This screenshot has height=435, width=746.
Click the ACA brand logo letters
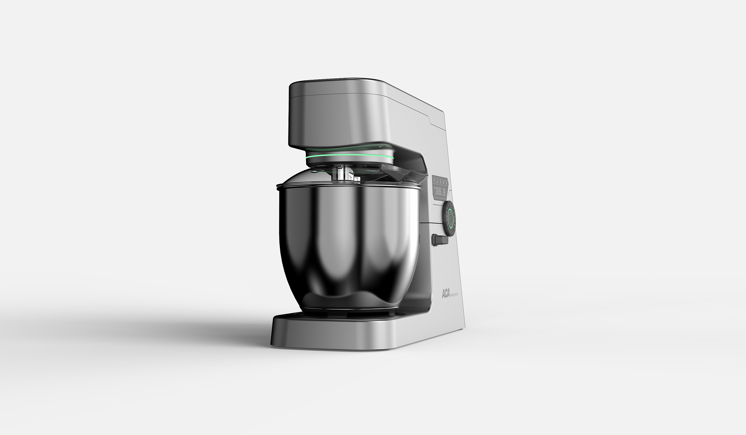point(446,294)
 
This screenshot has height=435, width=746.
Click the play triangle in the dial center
point(450,219)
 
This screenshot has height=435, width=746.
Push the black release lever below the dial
point(440,240)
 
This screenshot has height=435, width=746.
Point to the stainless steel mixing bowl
point(349,243)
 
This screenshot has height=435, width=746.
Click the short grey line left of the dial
point(438,204)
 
